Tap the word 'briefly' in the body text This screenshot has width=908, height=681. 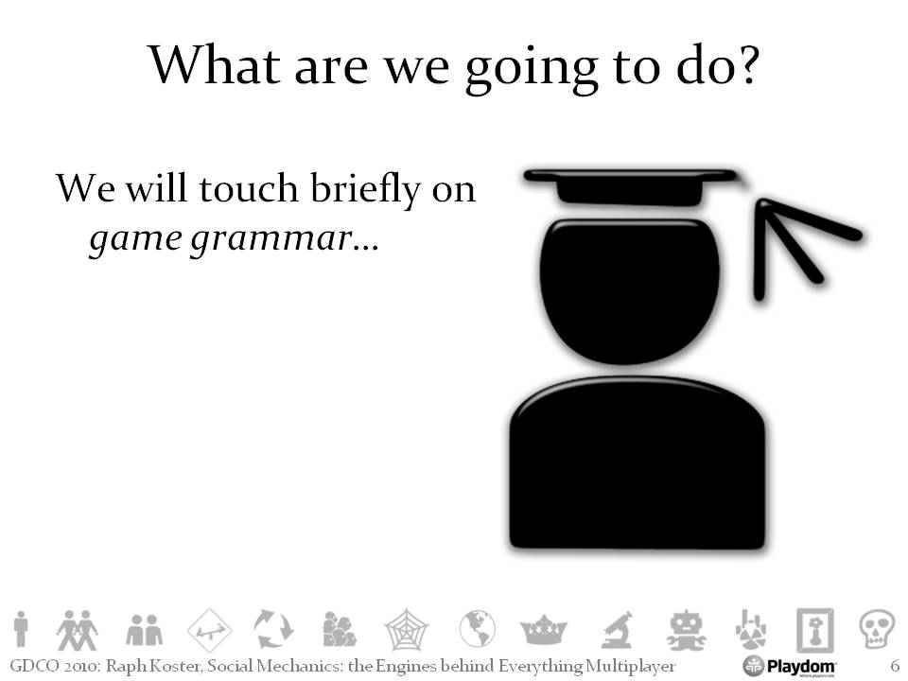click(x=366, y=189)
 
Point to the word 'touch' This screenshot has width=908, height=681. click(x=249, y=188)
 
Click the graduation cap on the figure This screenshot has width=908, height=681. click(x=633, y=186)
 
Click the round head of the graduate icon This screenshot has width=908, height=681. click(x=630, y=290)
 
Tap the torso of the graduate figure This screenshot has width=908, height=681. click(x=637, y=463)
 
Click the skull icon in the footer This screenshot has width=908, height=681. click(x=876, y=629)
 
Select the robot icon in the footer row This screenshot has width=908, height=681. click(x=687, y=630)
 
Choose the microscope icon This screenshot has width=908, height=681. click(x=618, y=630)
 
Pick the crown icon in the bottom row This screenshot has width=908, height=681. click(x=544, y=630)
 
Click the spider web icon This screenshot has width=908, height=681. click(x=407, y=630)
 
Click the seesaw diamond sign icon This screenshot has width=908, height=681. click(x=210, y=630)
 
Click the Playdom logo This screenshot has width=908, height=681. click(x=789, y=666)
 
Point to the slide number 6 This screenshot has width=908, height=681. click(x=894, y=666)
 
